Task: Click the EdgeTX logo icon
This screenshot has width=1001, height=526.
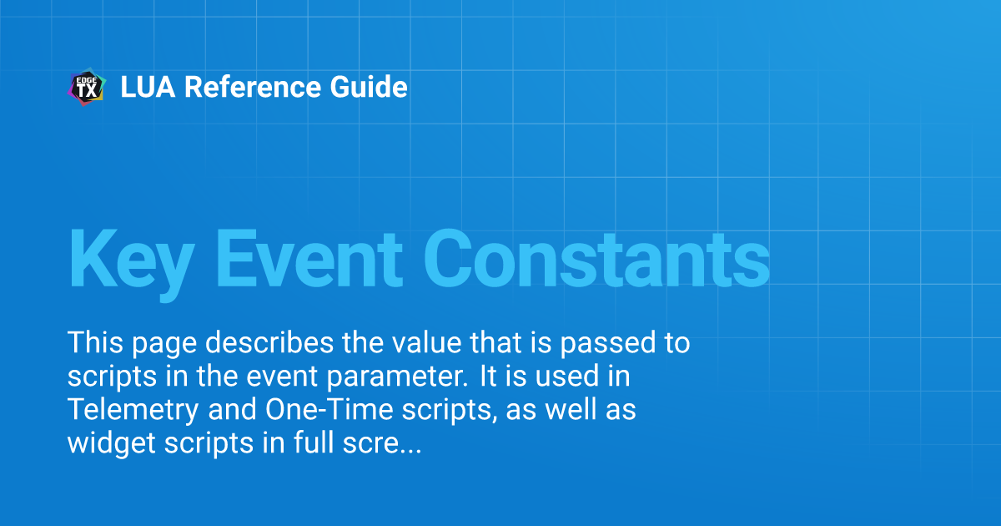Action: (x=87, y=87)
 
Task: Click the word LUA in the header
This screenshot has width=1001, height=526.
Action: (x=148, y=87)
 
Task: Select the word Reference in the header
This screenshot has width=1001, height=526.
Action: (x=253, y=87)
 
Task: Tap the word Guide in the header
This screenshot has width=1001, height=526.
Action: (x=369, y=87)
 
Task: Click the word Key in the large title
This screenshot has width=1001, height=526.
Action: (x=132, y=264)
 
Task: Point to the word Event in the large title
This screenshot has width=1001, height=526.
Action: (x=309, y=260)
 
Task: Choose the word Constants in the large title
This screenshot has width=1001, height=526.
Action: (x=596, y=260)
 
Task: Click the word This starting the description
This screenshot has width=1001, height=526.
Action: (x=95, y=343)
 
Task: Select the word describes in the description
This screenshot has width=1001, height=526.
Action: (x=269, y=343)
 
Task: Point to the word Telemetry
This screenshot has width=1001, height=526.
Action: (x=133, y=411)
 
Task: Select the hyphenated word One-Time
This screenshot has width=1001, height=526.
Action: (x=329, y=410)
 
